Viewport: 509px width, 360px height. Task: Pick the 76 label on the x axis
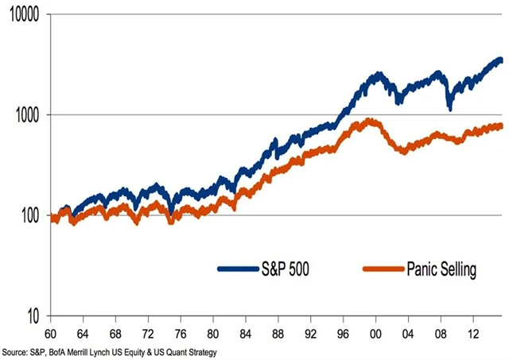click(181, 333)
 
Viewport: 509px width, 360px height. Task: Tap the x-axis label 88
click(276, 333)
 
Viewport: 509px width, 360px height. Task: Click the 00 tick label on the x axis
click(374, 333)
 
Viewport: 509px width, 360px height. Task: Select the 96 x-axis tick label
click(341, 333)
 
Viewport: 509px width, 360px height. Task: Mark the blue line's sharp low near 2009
click(451, 108)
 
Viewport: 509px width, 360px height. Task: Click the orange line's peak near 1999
click(369, 121)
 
